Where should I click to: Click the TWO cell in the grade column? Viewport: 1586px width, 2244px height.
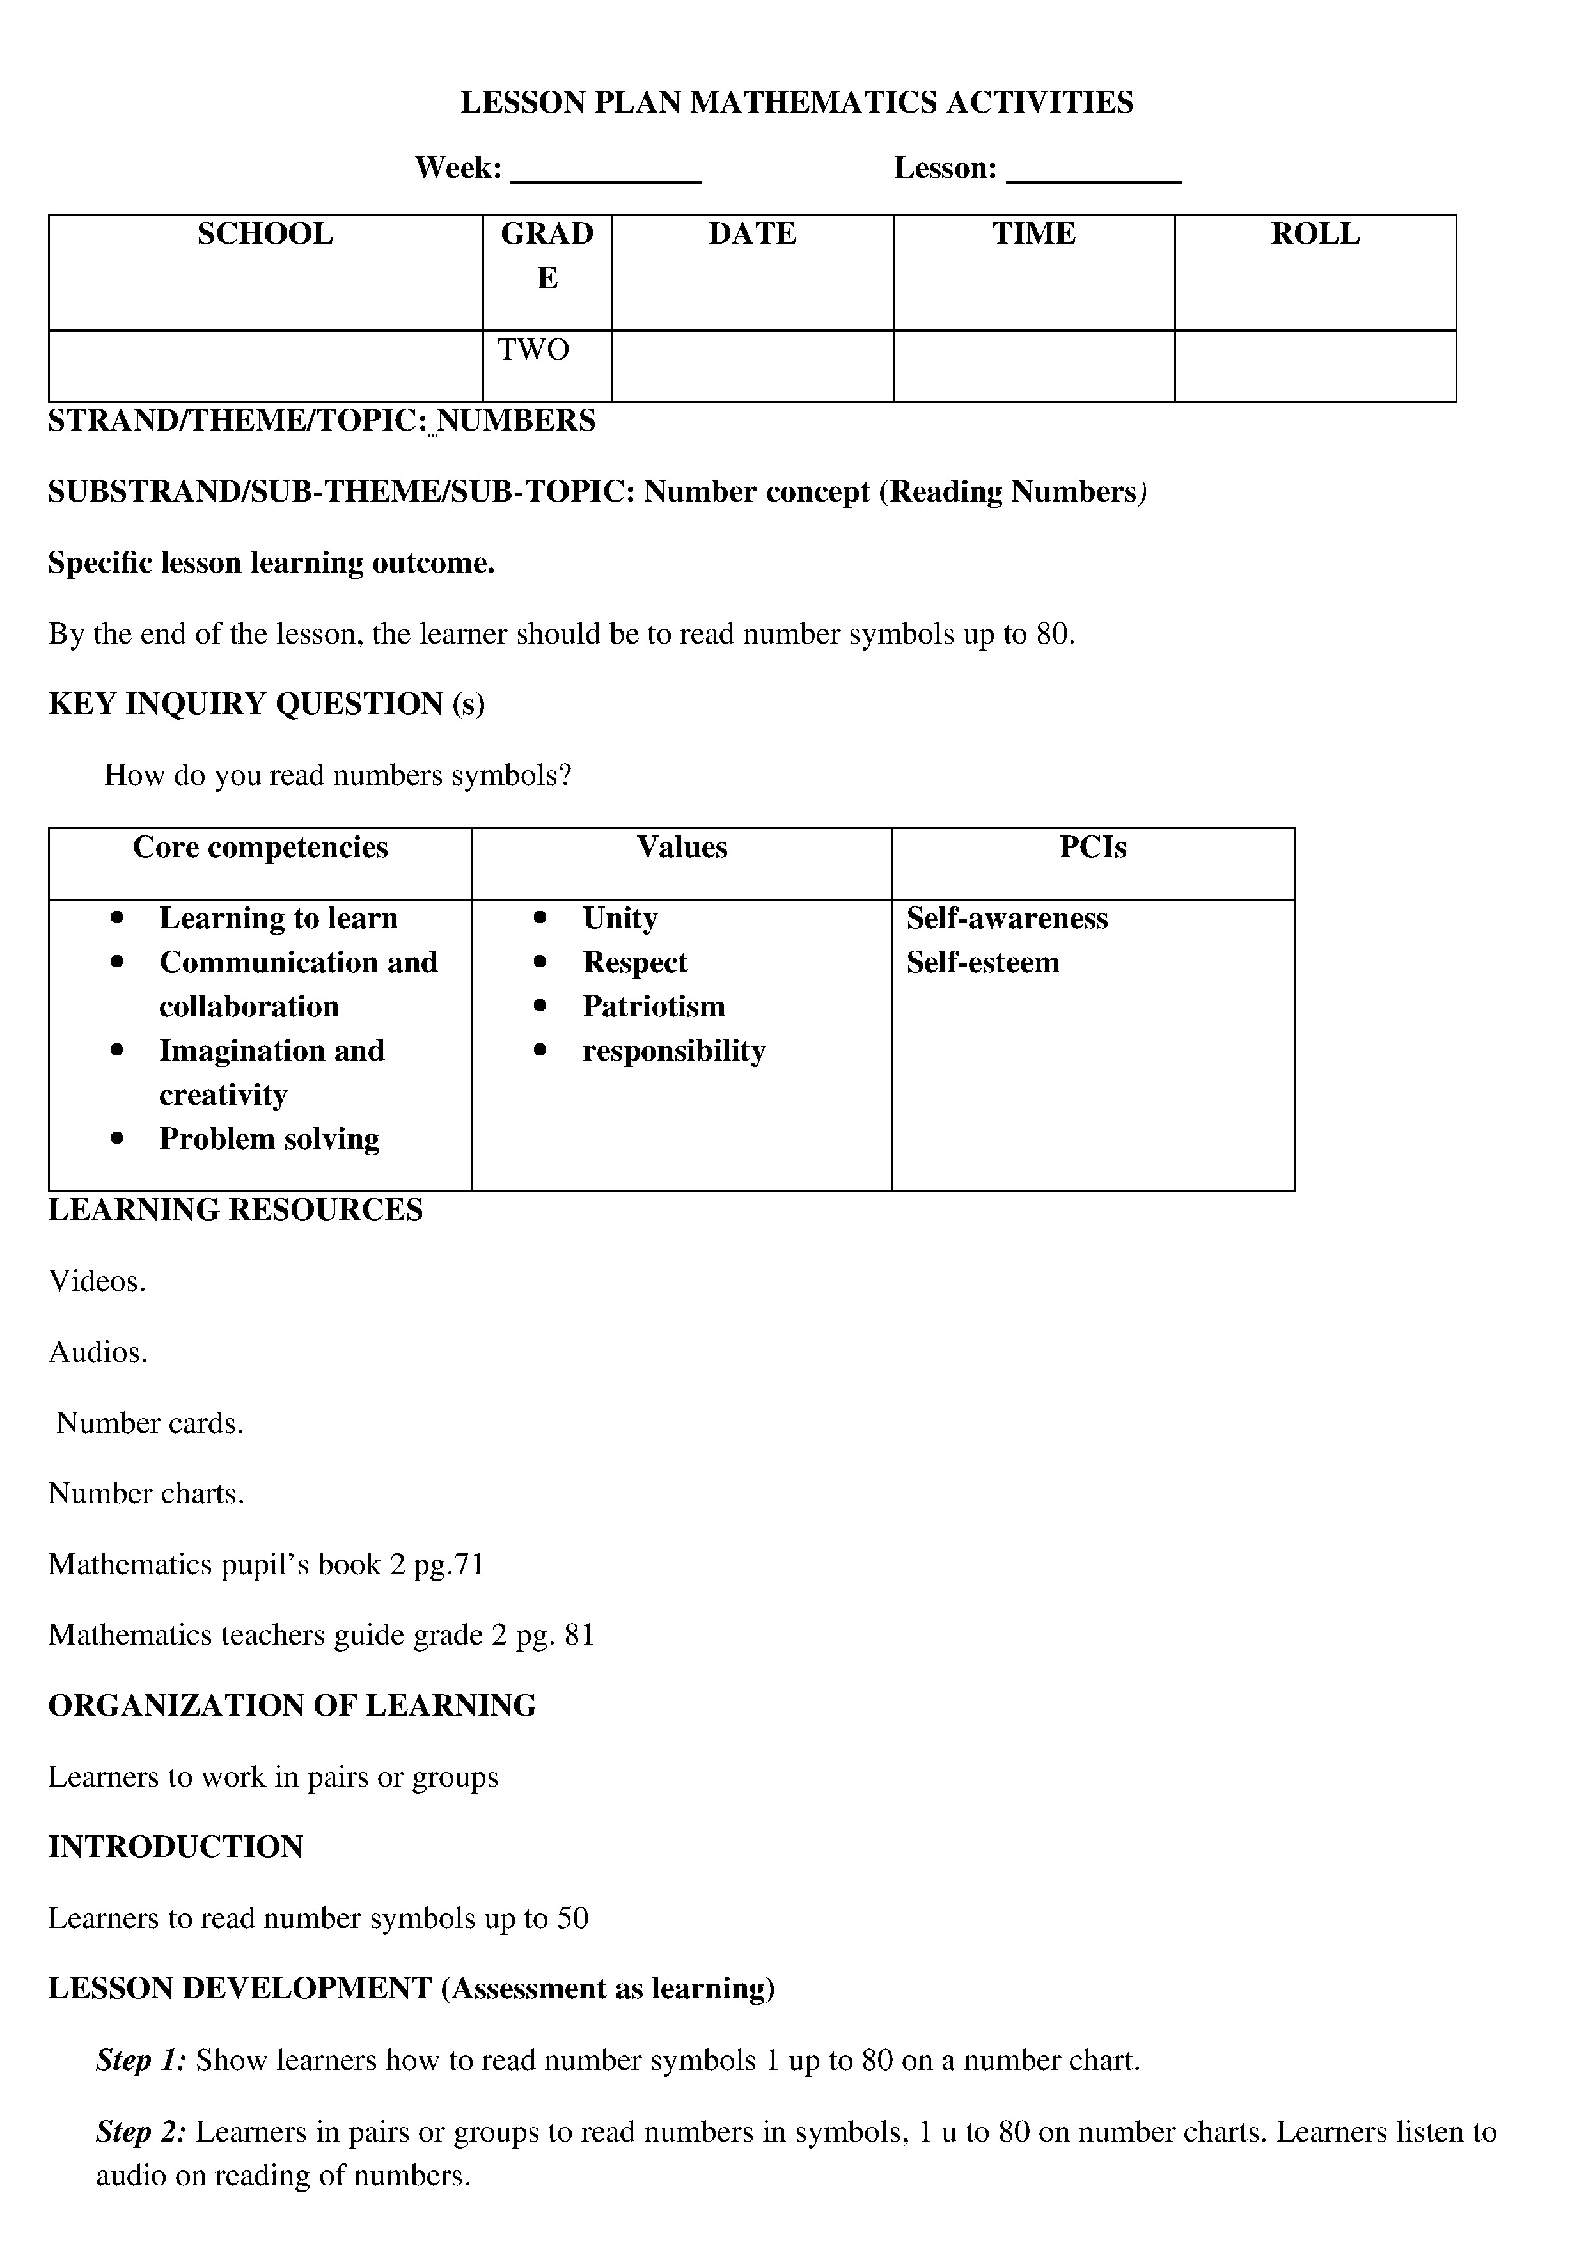[x=533, y=350]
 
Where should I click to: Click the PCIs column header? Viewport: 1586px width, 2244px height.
[x=1092, y=848]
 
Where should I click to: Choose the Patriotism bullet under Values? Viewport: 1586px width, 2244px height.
[x=654, y=1007]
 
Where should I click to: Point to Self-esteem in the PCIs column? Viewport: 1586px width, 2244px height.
[x=982, y=963]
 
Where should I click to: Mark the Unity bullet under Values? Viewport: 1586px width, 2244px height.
[x=620, y=919]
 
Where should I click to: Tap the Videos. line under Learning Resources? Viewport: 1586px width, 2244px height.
[x=97, y=1281]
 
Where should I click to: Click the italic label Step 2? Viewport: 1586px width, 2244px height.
[x=142, y=2131]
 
